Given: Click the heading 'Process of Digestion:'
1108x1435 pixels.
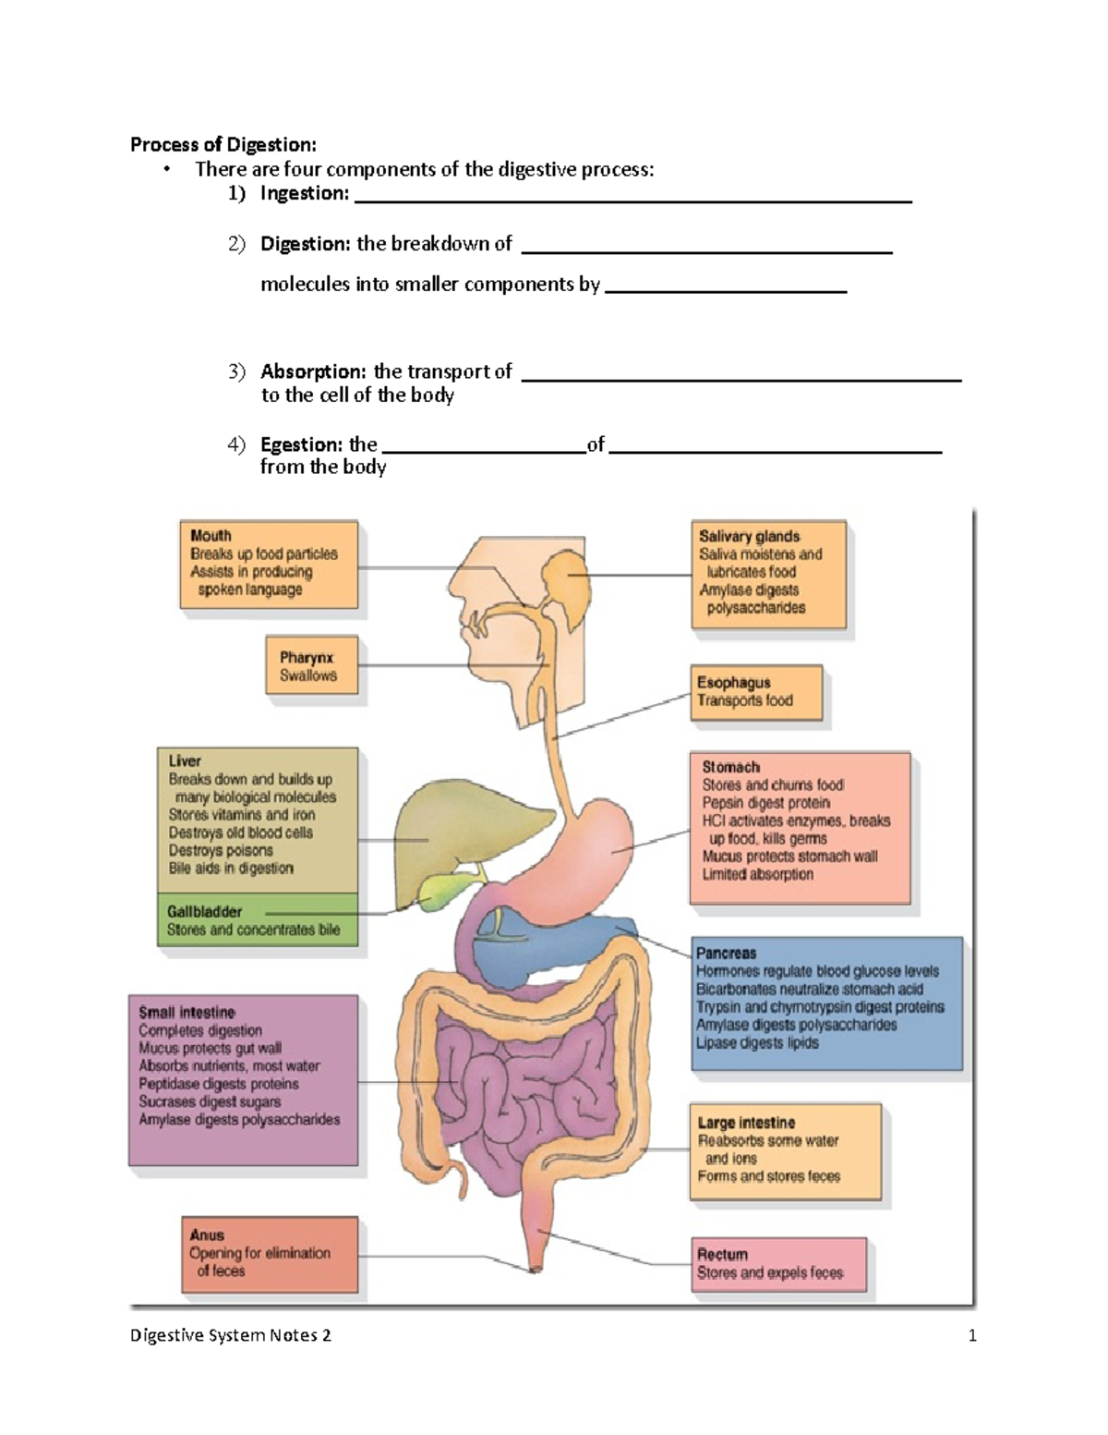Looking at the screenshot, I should tap(223, 144).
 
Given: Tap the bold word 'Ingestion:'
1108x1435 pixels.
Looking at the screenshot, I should tap(305, 193).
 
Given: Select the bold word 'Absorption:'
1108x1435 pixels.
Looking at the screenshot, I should tap(313, 371).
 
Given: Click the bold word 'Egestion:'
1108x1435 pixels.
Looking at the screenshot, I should tap(303, 444).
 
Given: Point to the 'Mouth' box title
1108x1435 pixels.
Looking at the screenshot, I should tap(211, 536).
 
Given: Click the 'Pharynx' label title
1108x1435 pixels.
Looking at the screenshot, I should tap(307, 658).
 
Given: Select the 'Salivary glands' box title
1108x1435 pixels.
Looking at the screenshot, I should tap(749, 536).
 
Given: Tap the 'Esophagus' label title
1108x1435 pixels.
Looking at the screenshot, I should tap(733, 683).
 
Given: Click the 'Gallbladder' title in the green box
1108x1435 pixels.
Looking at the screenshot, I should tap(204, 912).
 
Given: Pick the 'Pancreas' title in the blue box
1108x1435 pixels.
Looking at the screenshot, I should tap(726, 953).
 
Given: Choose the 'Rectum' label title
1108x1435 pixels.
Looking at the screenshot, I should tap(722, 1255).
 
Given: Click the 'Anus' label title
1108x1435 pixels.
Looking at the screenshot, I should tap(207, 1235).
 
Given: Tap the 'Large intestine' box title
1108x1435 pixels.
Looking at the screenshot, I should tap(746, 1123).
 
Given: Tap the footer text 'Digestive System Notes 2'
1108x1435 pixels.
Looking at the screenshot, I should tap(230, 1335).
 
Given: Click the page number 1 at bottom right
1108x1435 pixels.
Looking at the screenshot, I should tap(972, 1335).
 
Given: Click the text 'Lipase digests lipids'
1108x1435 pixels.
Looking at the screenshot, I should tap(757, 1043).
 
